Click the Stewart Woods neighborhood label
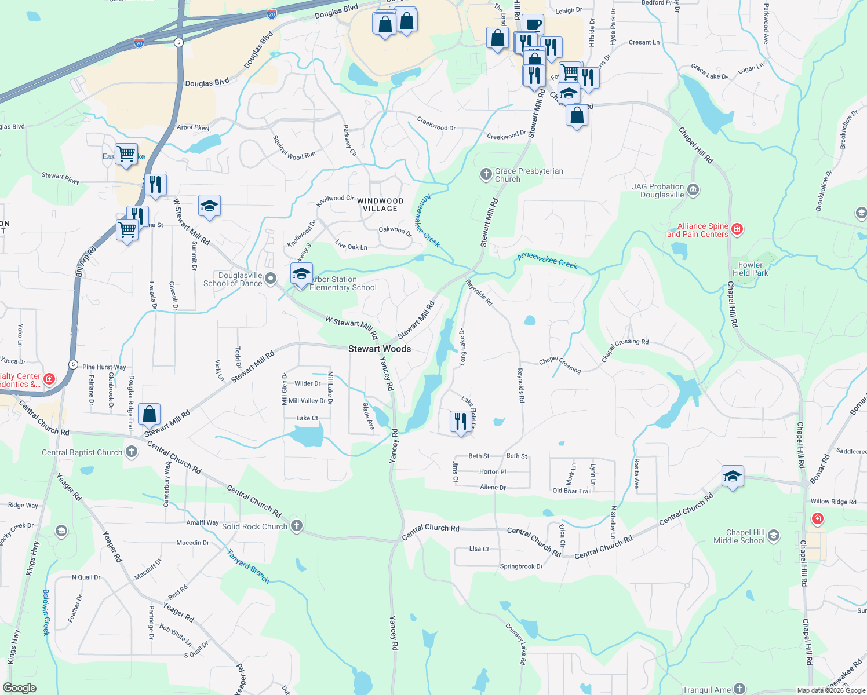tap(380, 349)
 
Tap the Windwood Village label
tap(380, 204)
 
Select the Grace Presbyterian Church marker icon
tap(486, 174)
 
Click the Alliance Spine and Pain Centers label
tap(697, 230)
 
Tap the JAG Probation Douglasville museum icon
tap(693, 190)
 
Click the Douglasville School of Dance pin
tap(271, 279)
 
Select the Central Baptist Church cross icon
tap(132, 452)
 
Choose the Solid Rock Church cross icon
tap(296, 526)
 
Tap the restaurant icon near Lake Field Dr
tap(461, 421)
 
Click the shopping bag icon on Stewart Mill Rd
tap(150, 414)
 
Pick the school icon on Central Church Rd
tap(733, 477)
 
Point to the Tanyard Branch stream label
tap(248, 566)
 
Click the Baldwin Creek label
tap(46, 612)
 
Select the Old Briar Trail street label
tap(572, 491)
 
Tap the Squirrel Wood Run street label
tap(294, 147)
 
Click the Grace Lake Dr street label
tap(709, 72)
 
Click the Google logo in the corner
tap(19, 688)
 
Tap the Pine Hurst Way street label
tap(104, 367)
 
